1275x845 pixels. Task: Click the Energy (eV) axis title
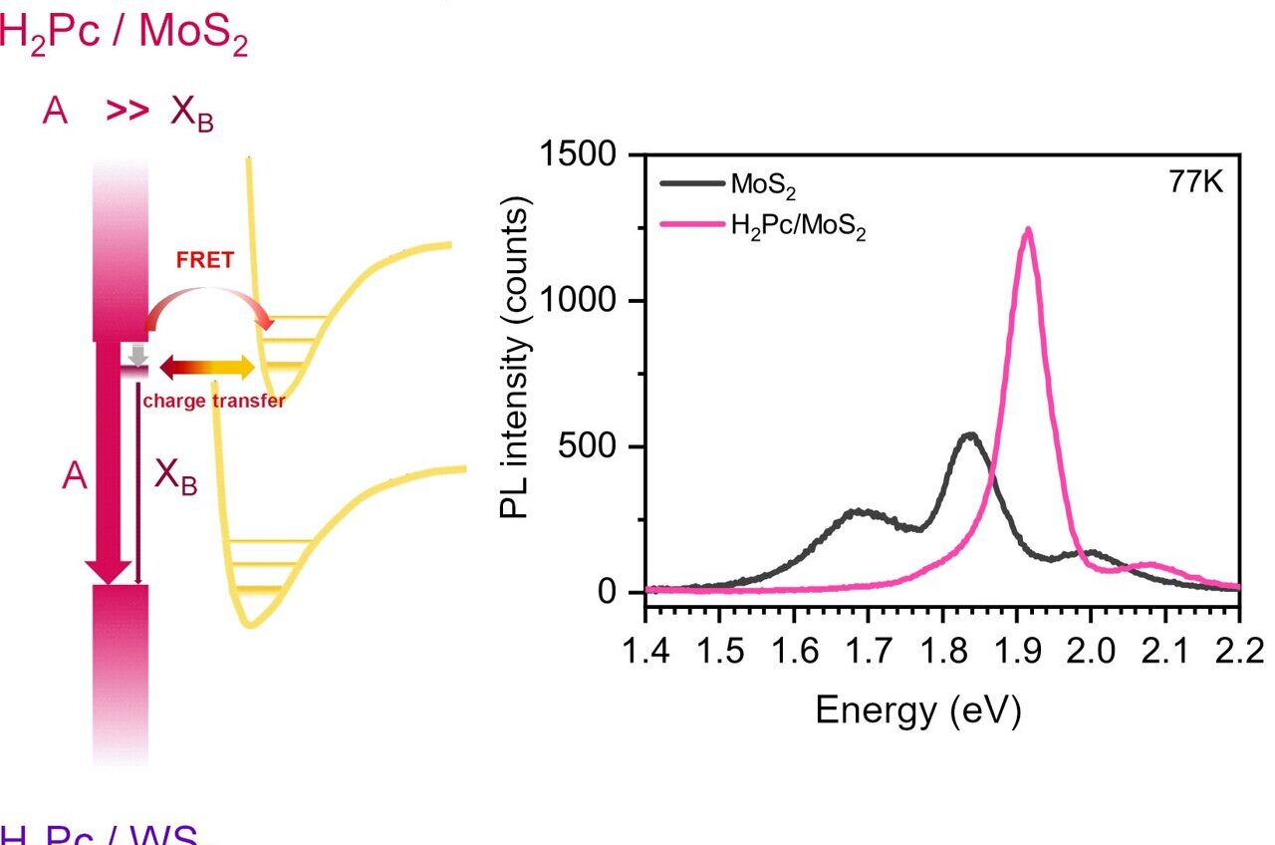917,710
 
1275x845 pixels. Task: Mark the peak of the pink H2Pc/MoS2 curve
1027,230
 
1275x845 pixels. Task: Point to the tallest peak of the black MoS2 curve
969,434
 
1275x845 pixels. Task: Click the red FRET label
204,260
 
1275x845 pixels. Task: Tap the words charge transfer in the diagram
214,402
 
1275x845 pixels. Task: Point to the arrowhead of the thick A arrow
109,571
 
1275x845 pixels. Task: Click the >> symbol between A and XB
127,111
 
